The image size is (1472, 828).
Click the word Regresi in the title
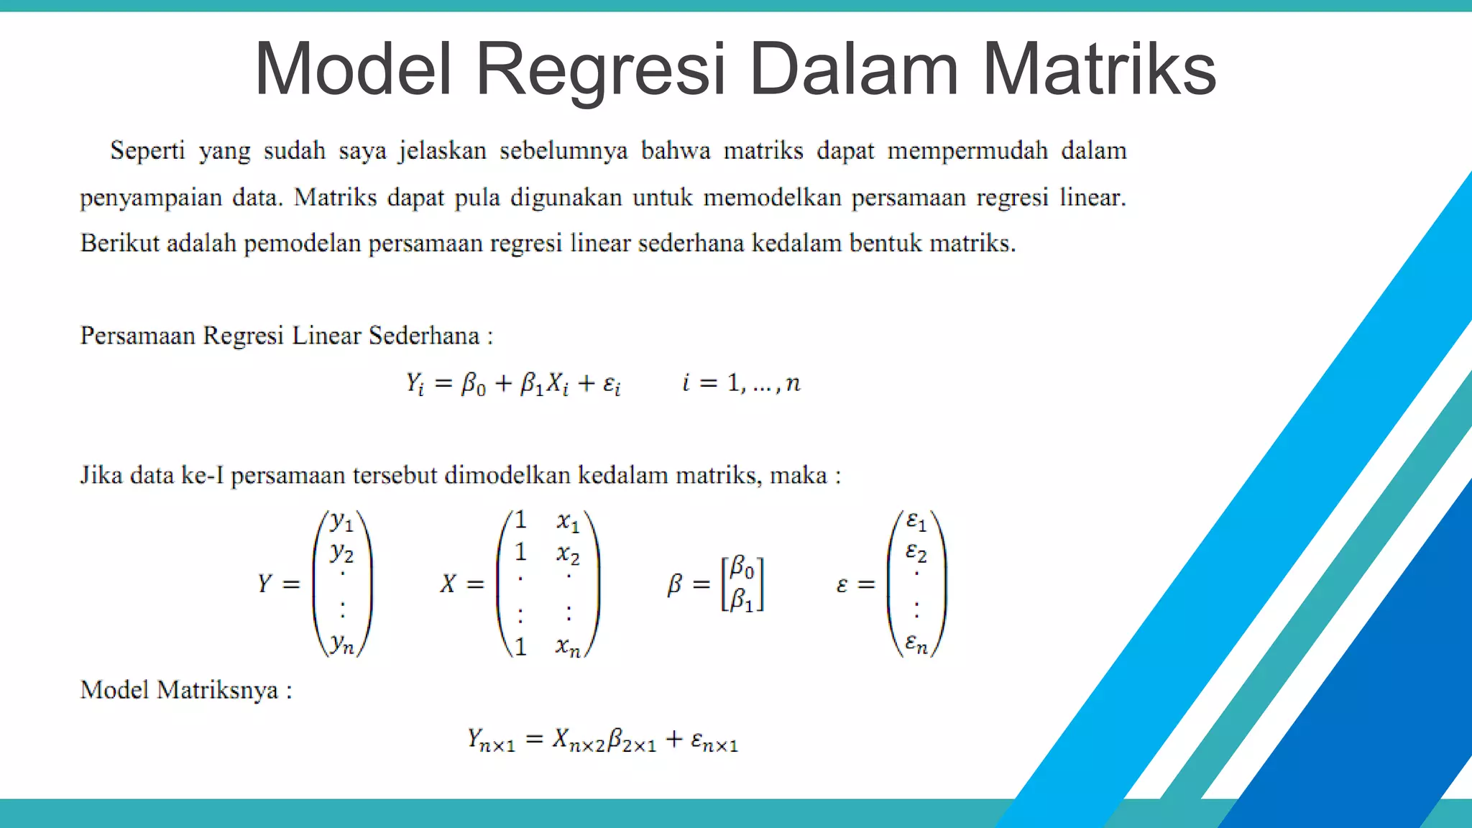coord(600,70)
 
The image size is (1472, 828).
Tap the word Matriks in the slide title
coord(1099,70)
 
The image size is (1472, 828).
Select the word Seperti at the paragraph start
coord(147,151)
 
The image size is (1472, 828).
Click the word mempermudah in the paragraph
coord(967,151)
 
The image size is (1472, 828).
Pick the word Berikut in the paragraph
coord(119,244)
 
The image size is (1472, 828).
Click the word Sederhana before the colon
coord(424,336)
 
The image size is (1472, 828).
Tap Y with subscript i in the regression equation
coord(415,383)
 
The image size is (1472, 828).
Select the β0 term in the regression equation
coord(473,385)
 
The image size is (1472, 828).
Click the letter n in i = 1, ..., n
coord(793,383)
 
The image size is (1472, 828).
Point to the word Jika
coord(101,475)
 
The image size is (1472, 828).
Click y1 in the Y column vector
coord(342,522)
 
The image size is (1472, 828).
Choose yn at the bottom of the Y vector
coord(342,644)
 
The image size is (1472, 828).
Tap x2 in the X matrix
coord(568,554)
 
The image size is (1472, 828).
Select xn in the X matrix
coord(568,646)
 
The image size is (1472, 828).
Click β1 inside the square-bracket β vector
coord(742,600)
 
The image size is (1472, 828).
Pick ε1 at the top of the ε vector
coord(916,520)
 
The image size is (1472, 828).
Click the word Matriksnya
coord(218,691)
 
